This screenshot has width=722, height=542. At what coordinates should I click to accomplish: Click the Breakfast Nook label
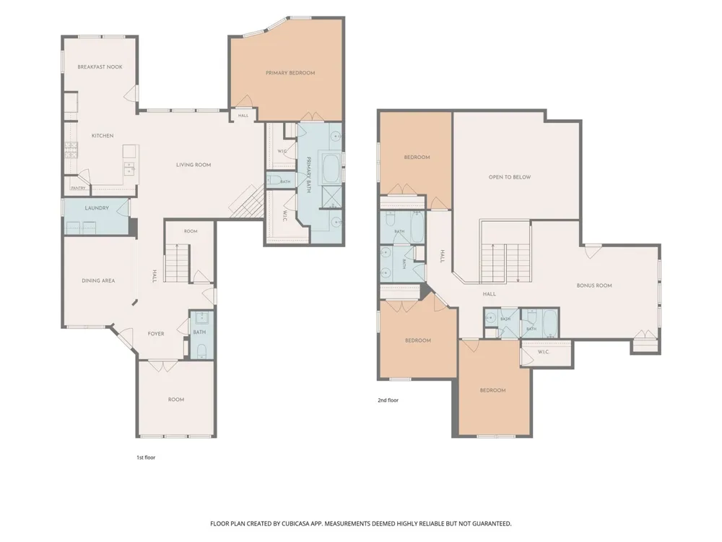click(x=100, y=66)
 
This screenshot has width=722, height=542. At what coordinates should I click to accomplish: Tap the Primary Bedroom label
click(x=290, y=73)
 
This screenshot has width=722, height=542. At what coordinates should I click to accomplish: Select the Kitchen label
click(x=103, y=136)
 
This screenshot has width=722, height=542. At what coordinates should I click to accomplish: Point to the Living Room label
click(x=193, y=165)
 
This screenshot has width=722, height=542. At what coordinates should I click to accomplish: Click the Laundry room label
click(x=97, y=208)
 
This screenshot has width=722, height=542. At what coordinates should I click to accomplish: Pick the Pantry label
click(x=78, y=188)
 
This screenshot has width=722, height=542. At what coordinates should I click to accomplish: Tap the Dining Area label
click(x=98, y=280)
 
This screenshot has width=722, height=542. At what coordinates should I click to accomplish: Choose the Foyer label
click(x=156, y=334)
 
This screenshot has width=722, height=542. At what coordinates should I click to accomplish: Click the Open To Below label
click(x=510, y=177)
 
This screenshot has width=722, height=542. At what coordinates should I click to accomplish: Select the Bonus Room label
click(x=594, y=285)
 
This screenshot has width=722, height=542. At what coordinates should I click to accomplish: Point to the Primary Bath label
click(x=308, y=175)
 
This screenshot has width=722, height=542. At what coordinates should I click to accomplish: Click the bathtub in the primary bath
click(x=331, y=168)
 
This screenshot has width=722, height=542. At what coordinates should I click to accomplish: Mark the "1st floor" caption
click(x=146, y=457)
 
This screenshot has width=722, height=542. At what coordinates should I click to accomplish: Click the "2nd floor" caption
click(x=388, y=400)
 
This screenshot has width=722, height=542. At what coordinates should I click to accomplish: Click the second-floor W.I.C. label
click(x=544, y=352)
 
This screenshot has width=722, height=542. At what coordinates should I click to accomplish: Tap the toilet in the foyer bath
click(x=201, y=350)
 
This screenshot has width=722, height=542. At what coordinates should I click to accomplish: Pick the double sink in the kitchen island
click(x=130, y=168)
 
